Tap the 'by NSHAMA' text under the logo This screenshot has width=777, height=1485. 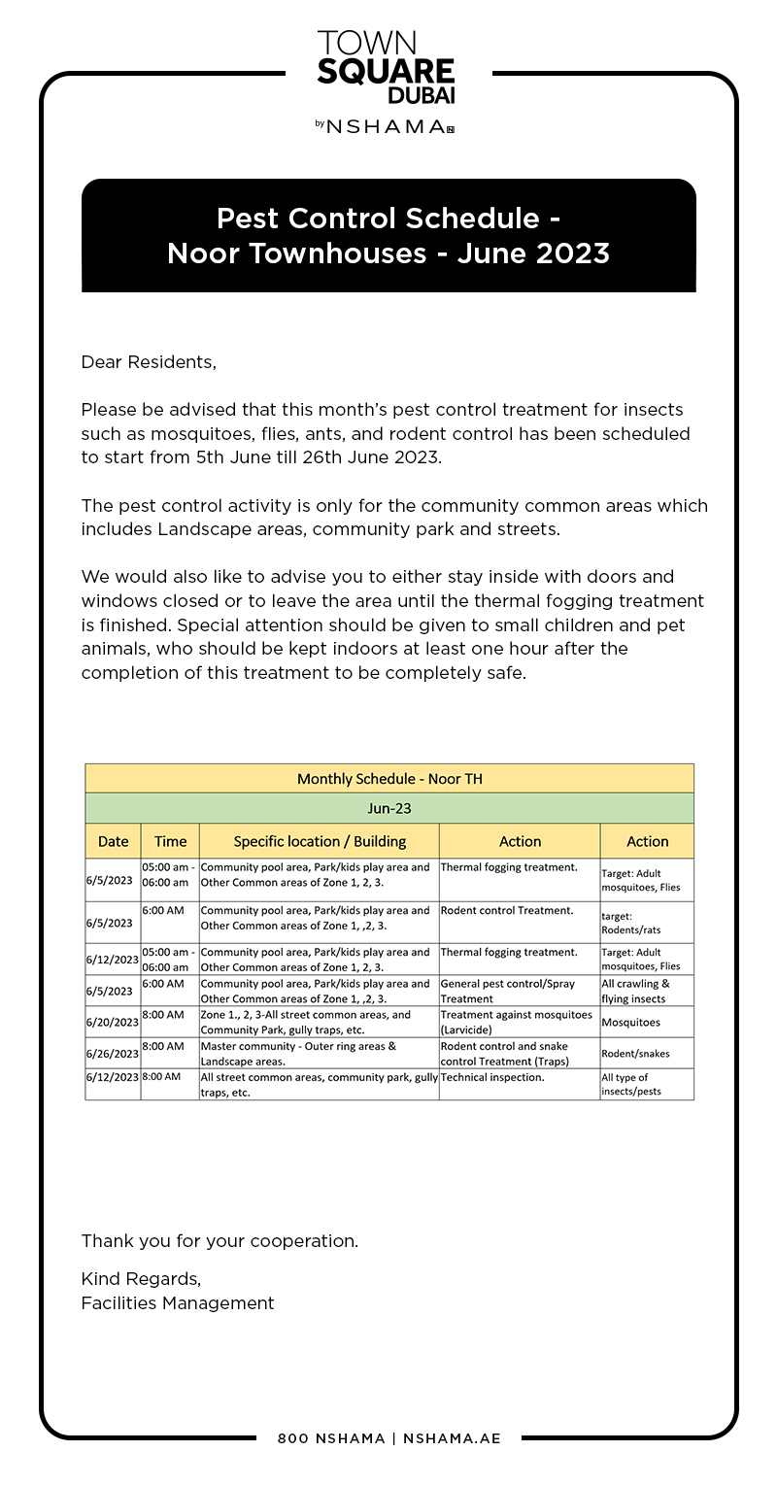point(386,126)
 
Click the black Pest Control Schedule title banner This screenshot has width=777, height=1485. point(388,235)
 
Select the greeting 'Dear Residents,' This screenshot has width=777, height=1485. point(149,362)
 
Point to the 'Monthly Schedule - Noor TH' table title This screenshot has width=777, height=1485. point(389,779)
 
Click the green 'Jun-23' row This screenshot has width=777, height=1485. point(389,808)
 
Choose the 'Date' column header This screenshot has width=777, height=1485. point(113,841)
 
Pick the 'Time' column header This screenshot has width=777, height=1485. point(170,841)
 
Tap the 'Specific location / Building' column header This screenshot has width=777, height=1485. point(320,841)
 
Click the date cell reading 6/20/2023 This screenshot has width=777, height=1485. point(112,1023)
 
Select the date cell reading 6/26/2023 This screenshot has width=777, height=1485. point(112,1054)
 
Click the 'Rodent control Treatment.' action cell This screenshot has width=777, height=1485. point(507,911)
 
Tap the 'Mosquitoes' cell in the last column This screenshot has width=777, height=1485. point(630,1023)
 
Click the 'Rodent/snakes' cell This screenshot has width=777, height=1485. point(635,1054)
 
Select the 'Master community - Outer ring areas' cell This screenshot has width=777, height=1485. point(298,1047)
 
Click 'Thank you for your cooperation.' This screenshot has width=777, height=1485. point(220,1241)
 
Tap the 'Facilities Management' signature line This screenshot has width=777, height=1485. point(178,1303)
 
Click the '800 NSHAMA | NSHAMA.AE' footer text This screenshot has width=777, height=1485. point(388,1438)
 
